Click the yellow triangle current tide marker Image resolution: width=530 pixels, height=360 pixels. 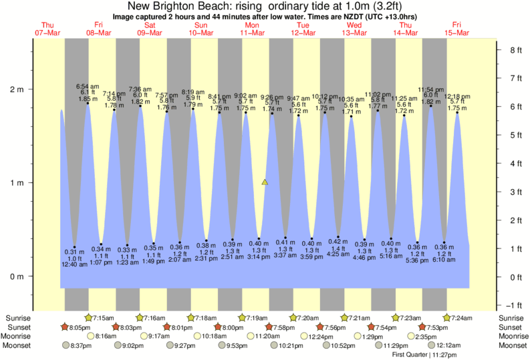265,182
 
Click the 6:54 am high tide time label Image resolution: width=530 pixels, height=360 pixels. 88,86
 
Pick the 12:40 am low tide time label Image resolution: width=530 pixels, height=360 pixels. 74,265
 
